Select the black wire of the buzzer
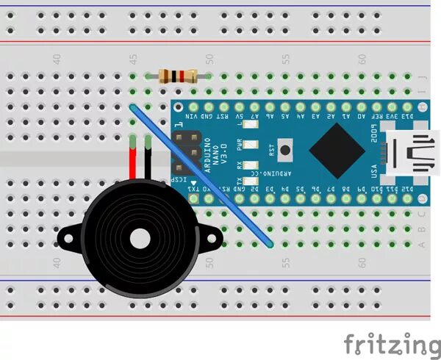148,162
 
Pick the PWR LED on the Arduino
249,145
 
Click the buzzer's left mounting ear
68,237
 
